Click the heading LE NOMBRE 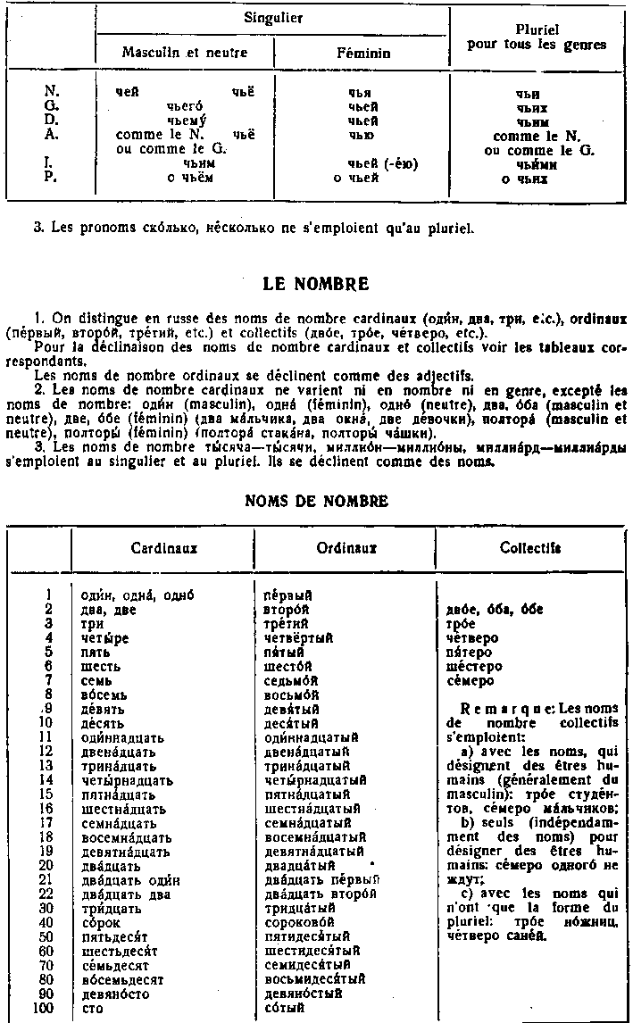pos(316,285)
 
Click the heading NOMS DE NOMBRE pos(316,501)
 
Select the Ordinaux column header pos(346,547)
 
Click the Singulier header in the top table pos(271,17)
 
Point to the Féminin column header pos(362,54)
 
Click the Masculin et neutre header pos(184,53)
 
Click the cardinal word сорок pos(99,921)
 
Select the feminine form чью pos(362,135)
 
